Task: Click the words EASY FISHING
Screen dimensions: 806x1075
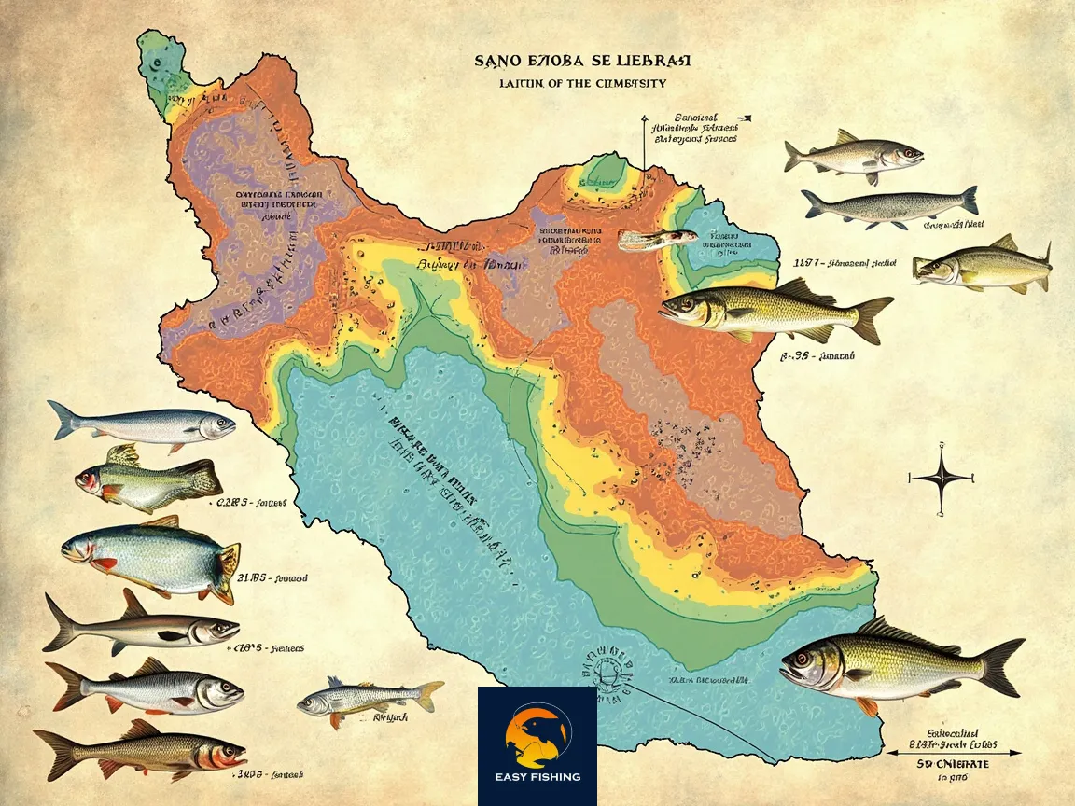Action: [537, 776]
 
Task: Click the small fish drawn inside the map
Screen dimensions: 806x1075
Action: [657, 239]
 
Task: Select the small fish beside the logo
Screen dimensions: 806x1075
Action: [370, 697]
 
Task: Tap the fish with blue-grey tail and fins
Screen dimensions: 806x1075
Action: [890, 207]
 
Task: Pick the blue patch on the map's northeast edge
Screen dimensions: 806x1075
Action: [737, 238]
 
